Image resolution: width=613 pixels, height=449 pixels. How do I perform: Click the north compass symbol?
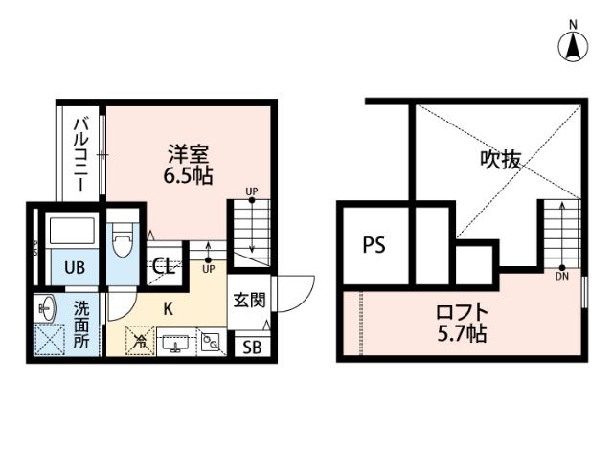tap(573, 43)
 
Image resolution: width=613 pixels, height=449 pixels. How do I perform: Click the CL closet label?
tap(164, 267)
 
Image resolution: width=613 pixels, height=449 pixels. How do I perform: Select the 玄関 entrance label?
tap(249, 300)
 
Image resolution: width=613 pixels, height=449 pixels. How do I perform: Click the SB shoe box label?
tap(251, 348)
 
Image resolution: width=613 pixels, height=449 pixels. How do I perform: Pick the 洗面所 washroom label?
tap(82, 326)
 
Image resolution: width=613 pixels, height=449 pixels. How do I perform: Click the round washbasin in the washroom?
tap(47, 308)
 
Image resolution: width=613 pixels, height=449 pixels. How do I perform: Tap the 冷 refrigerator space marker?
tap(141, 339)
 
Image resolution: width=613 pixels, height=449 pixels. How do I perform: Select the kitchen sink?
tap(176, 341)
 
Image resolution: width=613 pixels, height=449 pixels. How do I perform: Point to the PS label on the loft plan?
tap(374, 245)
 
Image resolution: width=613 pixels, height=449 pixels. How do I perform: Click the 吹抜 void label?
tap(500, 160)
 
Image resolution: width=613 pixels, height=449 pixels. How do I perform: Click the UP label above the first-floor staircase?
tap(251, 191)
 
